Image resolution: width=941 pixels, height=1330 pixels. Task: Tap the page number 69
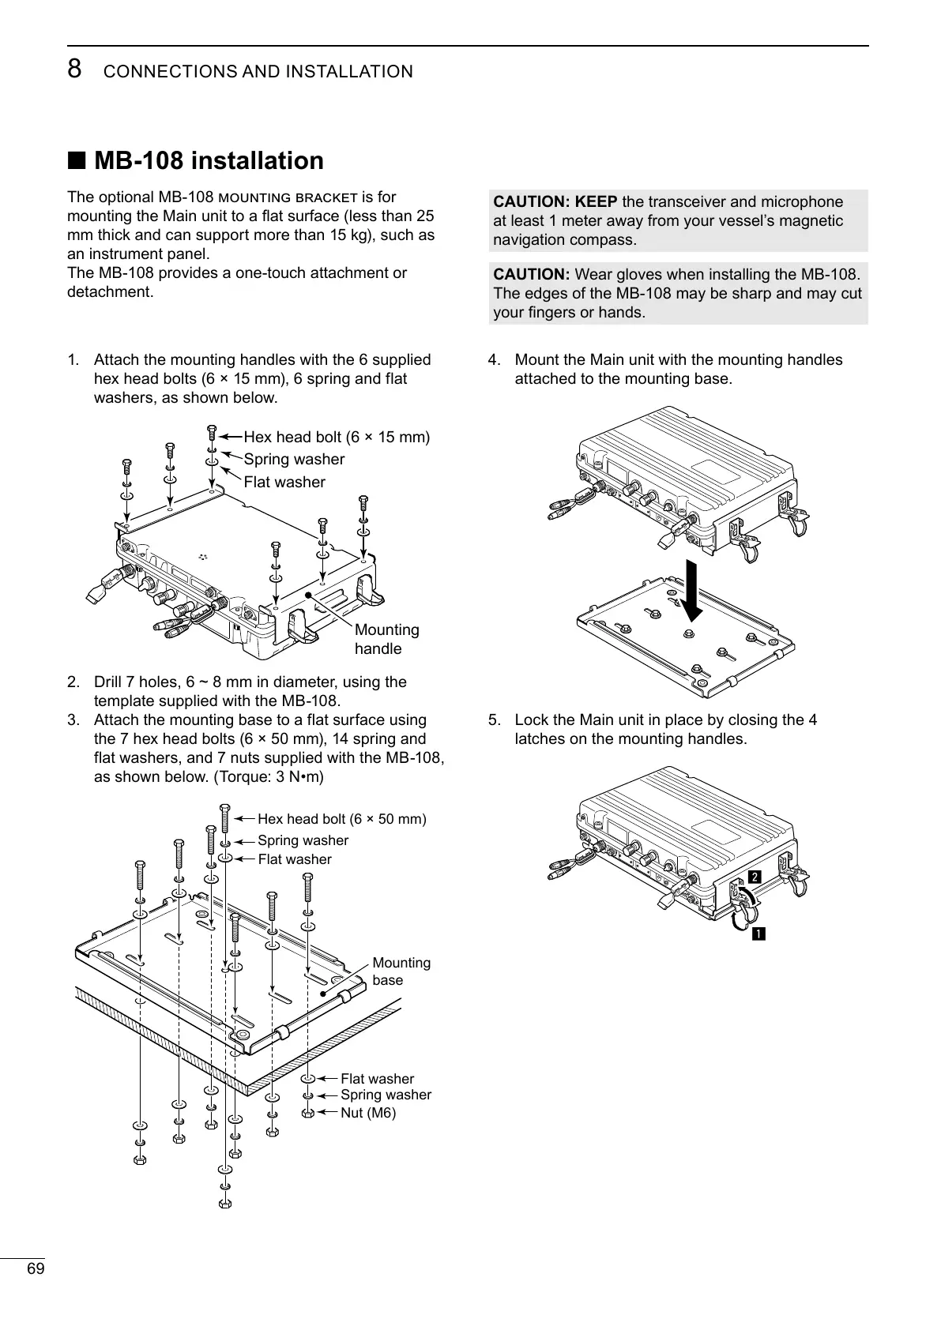pyautogui.click(x=36, y=1268)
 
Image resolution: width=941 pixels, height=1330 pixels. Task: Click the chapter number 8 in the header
pyautogui.click(x=74, y=70)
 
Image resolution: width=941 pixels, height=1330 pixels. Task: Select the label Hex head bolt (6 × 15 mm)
pyautogui.click(x=337, y=437)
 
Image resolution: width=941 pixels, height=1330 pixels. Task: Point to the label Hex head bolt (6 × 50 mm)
pyautogui.click(x=341, y=819)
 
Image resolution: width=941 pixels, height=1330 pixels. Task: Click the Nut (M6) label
pyautogui.click(x=367, y=1113)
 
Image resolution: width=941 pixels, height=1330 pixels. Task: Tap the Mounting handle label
pyautogui.click(x=386, y=639)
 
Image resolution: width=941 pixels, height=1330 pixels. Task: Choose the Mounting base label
pyautogui.click(x=401, y=971)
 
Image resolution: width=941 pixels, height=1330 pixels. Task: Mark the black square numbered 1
pyautogui.click(x=757, y=935)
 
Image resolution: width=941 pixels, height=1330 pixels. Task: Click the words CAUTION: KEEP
pyautogui.click(x=555, y=202)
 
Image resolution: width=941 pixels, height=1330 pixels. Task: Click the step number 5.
pyautogui.click(x=494, y=720)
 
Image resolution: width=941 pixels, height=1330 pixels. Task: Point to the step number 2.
pyautogui.click(x=73, y=682)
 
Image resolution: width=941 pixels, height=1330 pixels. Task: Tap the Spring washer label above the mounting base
pyautogui.click(x=303, y=840)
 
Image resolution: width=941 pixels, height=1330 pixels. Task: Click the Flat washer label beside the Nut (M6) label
pyautogui.click(x=377, y=1079)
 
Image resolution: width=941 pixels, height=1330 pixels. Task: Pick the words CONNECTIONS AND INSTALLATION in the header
pyautogui.click(x=258, y=72)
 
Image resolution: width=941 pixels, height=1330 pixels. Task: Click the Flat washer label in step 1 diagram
pyautogui.click(x=284, y=482)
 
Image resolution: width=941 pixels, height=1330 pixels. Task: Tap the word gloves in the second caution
pyautogui.click(x=645, y=275)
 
